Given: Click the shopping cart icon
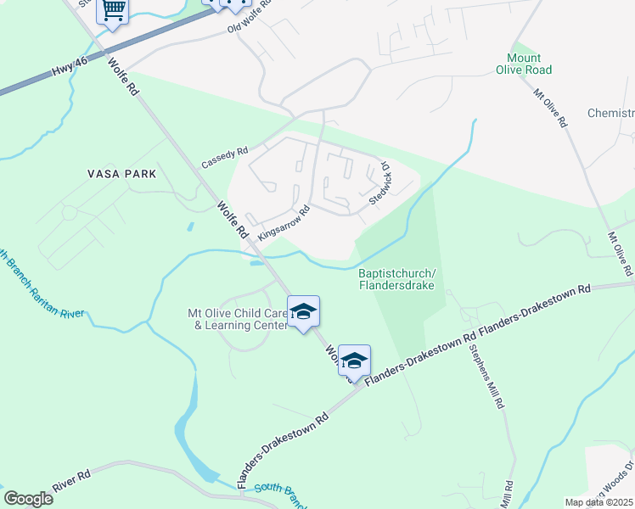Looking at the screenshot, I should click(113, 11).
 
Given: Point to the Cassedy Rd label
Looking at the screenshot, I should click(224, 157).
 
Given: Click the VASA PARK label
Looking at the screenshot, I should click(122, 174).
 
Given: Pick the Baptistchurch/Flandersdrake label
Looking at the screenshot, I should click(396, 279).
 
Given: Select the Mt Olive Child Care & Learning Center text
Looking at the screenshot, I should click(235, 318).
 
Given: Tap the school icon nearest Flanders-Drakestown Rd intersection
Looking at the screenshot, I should click(354, 360).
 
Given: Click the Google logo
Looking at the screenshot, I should click(28, 499).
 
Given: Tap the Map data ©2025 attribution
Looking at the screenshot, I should click(599, 502).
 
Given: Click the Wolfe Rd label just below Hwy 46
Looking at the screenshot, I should click(122, 76).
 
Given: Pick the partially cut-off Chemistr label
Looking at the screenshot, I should click(611, 114).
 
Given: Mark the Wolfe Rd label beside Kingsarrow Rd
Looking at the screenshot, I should click(231, 219).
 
